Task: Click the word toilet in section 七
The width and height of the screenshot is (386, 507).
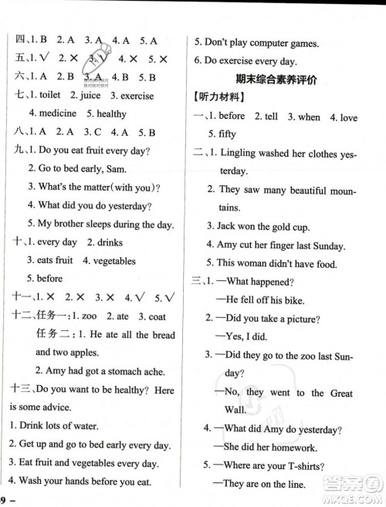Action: [x=56, y=96]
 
